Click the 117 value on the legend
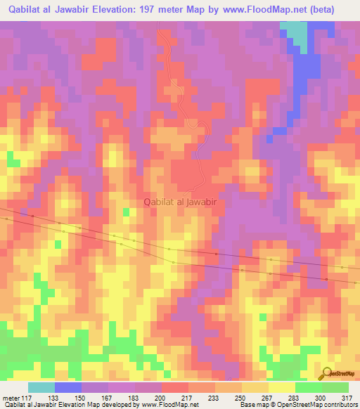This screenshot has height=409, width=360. (x=28, y=397)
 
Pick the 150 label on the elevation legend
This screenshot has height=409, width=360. (x=82, y=397)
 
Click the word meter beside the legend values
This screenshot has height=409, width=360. (x=10, y=397)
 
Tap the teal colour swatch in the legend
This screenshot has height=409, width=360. (x=41, y=387)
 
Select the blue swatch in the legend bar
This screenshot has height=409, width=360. (x=68, y=387)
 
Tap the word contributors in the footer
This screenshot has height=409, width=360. (x=339, y=405)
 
